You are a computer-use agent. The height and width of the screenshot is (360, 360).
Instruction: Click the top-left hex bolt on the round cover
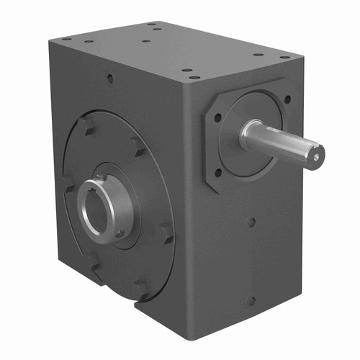click(86, 127)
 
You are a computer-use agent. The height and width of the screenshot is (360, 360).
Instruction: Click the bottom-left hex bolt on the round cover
click(93, 260)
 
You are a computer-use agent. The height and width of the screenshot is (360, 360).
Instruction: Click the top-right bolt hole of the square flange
click(287, 100)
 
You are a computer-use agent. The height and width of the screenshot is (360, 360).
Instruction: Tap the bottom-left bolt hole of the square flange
click(218, 172)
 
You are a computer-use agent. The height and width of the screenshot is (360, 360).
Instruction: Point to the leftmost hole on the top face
click(66, 38)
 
